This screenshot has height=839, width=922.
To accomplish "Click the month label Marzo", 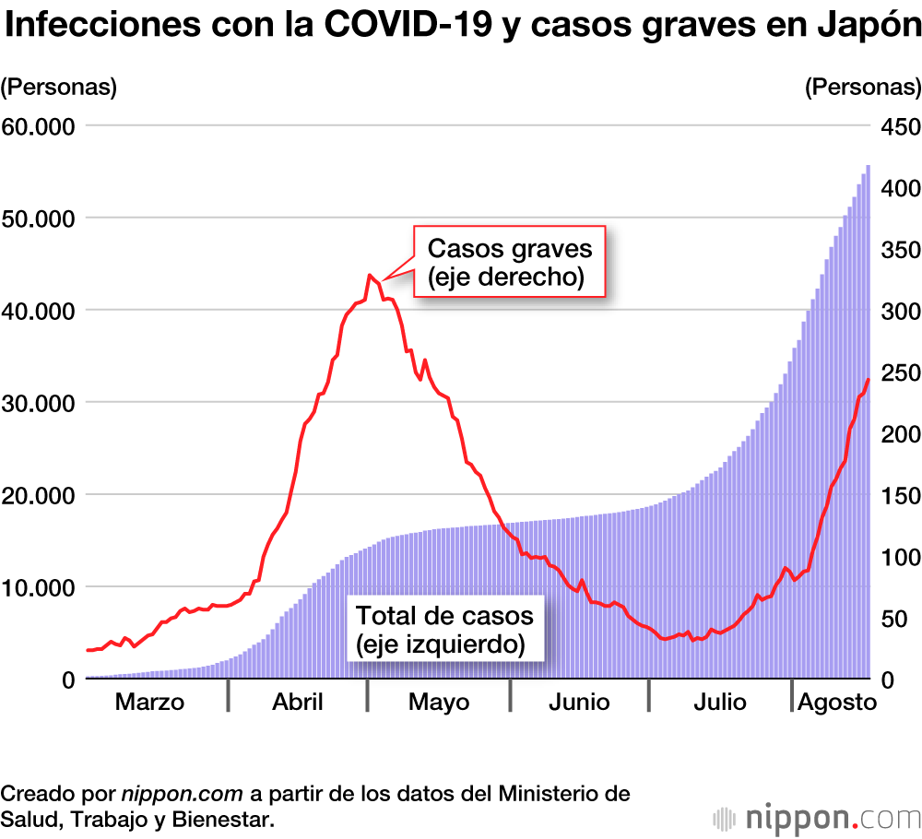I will click(x=149, y=702).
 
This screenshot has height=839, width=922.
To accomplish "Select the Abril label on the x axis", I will click(x=298, y=702).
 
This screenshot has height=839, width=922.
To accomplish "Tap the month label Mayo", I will click(x=439, y=702).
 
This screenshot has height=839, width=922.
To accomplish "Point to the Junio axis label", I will click(x=579, y=702).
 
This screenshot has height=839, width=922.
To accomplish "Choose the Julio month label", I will click(x=720, y=702).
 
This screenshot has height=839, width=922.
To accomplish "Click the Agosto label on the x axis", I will click(x=836, y=702).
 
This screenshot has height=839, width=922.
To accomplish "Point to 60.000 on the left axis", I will click(x=41, y=125).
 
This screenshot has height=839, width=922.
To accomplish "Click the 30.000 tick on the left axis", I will click(x=41, y=402).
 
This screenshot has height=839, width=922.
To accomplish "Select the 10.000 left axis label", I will click(x=41, y=586).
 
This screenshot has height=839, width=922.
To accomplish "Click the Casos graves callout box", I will click(x=509, y=262).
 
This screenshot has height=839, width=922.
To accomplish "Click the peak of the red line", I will click(x=370, y=275).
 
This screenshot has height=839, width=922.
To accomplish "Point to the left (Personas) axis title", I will click(x=59, y=87).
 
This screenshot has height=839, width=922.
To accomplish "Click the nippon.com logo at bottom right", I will click(x=818, y=816).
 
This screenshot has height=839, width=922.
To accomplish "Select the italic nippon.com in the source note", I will click(x=182, y=793).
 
